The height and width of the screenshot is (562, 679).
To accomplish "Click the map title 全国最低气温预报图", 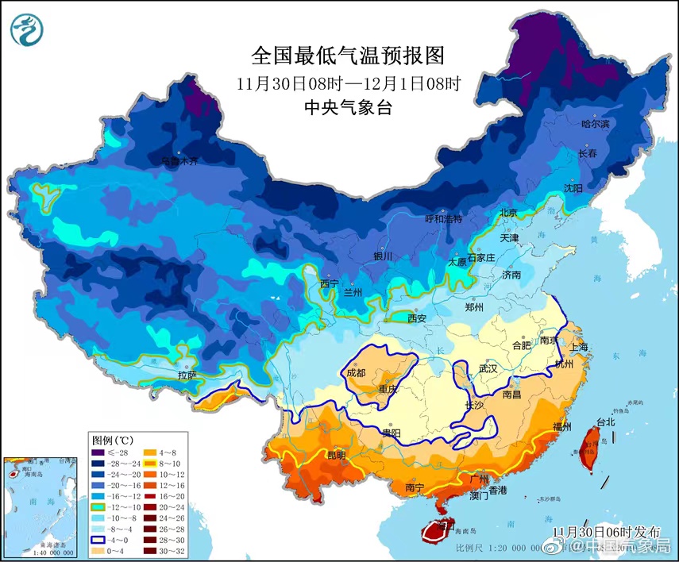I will [x=348, y=56].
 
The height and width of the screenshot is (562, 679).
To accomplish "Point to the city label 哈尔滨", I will [x=595, y=124].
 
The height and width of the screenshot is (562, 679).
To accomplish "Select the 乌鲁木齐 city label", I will [x=178, y=160].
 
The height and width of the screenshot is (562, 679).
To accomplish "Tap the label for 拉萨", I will [x=187, y=374].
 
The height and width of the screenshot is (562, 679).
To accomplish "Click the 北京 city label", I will [x=507, y=213].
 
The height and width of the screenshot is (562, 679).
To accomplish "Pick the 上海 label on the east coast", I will [x=580, y=348].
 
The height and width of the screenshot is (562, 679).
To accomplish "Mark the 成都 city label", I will [x=357, y=372].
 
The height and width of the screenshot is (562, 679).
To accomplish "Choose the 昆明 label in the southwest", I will [x=337, y=455].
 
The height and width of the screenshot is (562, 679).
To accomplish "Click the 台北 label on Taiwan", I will [x=605, y=422].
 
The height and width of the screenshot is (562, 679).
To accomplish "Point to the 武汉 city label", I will [x=487, y=369].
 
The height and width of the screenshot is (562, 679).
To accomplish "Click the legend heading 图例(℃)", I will [x=112, y=439].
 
